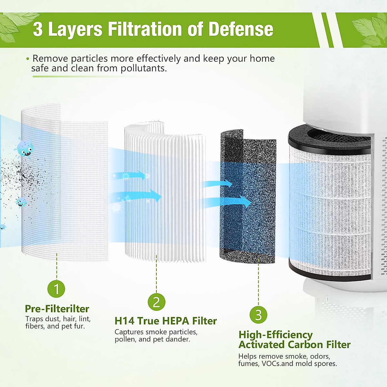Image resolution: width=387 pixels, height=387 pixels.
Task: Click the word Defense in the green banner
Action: coord(241,29)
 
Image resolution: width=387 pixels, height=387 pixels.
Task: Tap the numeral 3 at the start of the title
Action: coord(38,29)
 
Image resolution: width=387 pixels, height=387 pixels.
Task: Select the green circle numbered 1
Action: coord(56,289)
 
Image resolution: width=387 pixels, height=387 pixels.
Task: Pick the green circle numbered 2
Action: coord(156,302)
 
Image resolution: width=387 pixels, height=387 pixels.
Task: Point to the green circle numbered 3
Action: coord(258,315)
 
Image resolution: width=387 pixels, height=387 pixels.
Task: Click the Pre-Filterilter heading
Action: coord(57,309)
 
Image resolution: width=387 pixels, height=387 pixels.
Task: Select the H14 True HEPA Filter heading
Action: coord(165,321)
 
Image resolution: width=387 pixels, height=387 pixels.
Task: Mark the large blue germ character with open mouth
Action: coord(25,149)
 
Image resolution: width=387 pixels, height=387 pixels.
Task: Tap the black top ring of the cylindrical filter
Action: coord(329,142)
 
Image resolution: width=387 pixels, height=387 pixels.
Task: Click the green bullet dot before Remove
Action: coord(28,59)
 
